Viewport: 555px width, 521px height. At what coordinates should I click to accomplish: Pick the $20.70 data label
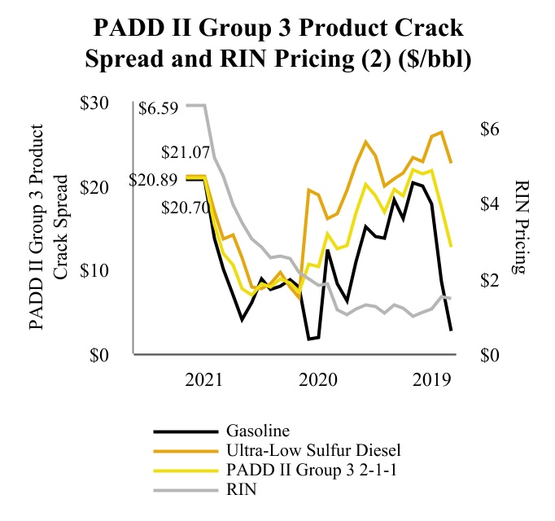[186, 208]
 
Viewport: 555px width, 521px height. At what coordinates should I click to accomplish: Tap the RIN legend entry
[243, 488]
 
